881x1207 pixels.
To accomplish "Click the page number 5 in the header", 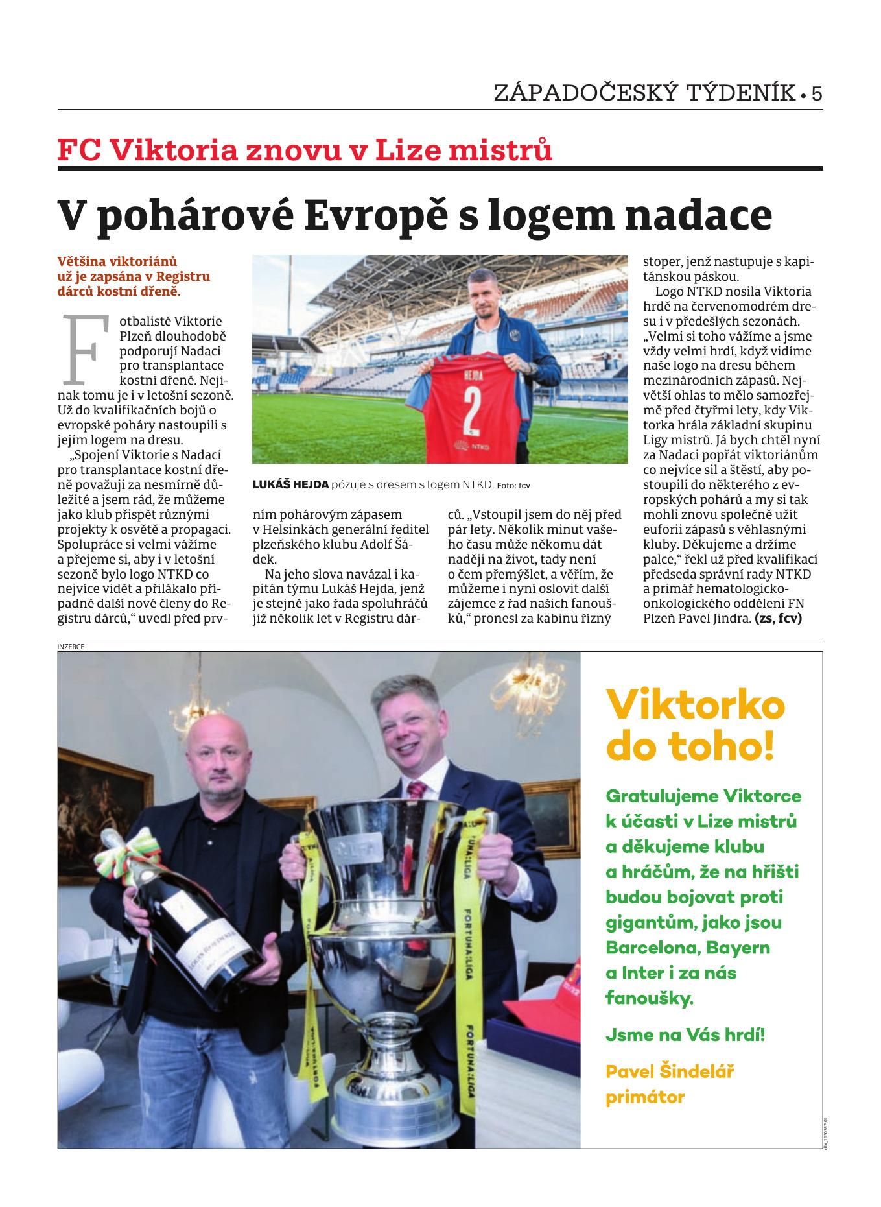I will (x=816, y=93).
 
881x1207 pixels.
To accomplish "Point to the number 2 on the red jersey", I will (x=471, y=407).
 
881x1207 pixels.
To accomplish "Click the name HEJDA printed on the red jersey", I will (x=471, y=376).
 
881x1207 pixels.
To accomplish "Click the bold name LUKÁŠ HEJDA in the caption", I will (x=290, y=484).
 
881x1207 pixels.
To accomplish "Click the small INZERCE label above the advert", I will (x=71, y=646).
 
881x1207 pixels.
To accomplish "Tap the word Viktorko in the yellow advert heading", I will (x=695, y=705).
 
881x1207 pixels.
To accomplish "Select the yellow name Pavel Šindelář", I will (x=669, y=1071).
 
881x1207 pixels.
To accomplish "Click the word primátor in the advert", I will (x=645, y=1097).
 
